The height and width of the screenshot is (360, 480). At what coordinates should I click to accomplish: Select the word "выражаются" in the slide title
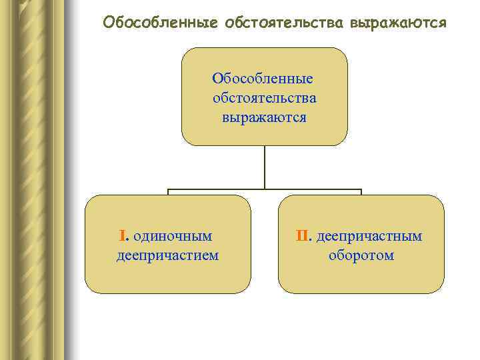click(393, 23)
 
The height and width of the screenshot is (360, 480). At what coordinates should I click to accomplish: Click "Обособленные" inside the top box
click(263, 79)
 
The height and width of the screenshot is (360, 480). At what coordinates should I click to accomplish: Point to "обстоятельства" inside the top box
click(265, 98)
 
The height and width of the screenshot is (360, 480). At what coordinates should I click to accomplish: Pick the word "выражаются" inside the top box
click(265, 118)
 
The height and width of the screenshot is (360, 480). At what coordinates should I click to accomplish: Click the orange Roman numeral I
click(122, 235)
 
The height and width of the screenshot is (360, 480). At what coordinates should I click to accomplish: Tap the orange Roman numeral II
click(303, 235)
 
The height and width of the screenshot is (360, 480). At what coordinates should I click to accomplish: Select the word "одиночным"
click(173, 235)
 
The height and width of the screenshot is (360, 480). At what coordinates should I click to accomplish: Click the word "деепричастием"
click(167, 255)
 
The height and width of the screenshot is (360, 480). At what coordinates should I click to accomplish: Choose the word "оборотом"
click(361, 255)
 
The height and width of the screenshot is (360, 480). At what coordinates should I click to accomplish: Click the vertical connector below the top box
click(265, 167)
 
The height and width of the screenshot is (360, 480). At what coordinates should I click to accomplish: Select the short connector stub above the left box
click(168, 193)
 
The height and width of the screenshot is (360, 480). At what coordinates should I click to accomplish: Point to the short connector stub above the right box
click(361, 193)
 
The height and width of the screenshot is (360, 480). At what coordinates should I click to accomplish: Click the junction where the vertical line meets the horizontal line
click(265, 189)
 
